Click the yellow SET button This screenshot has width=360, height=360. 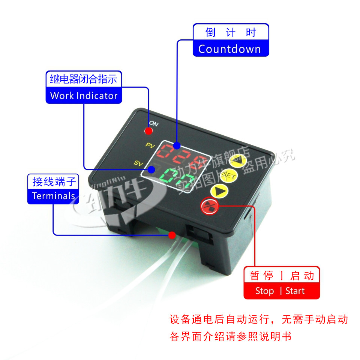pyautogui.click(x=228, y=175)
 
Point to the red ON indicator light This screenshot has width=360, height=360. pyautogui.click(x=149, y=131)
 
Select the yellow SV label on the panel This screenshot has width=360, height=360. pyautogui.click(x=138, y=163)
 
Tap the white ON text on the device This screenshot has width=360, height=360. pyautogui.click(x=154, y=123)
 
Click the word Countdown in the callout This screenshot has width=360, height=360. pyautogui.click(x=229, y=49)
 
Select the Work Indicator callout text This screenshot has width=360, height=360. pyautogui.click(x=84, y=96)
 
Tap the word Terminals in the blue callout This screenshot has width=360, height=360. pyautogui.click(x=54, y=196)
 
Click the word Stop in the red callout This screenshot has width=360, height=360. pyautogui.click(x=264, y=291)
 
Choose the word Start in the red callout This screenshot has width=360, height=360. pyautogui.click(x=295, y=291)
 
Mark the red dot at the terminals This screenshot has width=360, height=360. pyautogui.click(x=172, y=235)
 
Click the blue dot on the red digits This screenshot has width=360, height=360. pyautogui.click(x=177, y=145)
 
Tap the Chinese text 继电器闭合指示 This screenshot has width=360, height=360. pyautogui.click(x=84, y=79)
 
